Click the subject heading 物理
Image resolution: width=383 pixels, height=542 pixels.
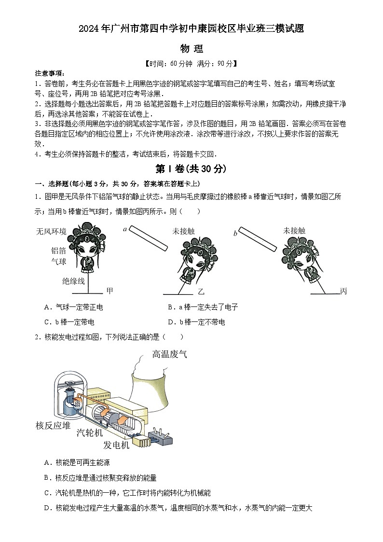[191, 49]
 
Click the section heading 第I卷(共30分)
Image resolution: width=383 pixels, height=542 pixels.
[191, 169]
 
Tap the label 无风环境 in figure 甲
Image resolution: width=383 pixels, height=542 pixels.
[51, 231]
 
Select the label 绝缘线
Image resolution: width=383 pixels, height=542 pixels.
[73, 281]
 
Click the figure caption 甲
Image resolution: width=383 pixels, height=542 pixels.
[110, 291]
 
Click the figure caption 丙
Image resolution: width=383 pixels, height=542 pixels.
[343, 291]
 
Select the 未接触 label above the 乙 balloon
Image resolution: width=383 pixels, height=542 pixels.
[183, 231]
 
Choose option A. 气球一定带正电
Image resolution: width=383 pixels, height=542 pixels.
[73, 307]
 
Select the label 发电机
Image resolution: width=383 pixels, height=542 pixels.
[116, 445]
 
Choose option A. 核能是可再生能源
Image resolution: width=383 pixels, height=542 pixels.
[77, 462]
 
